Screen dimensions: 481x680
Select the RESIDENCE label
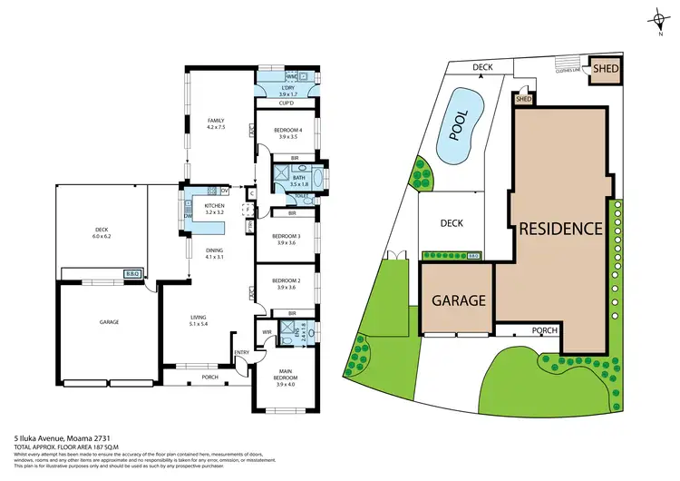point(559,229)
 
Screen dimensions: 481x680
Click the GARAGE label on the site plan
point(458,300)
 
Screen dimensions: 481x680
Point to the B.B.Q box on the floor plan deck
point(131,273)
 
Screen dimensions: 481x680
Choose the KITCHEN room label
point(215,207)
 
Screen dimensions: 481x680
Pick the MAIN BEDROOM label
point(287,373)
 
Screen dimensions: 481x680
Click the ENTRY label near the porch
point(242,352)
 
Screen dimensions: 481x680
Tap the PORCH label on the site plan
point(545,330)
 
